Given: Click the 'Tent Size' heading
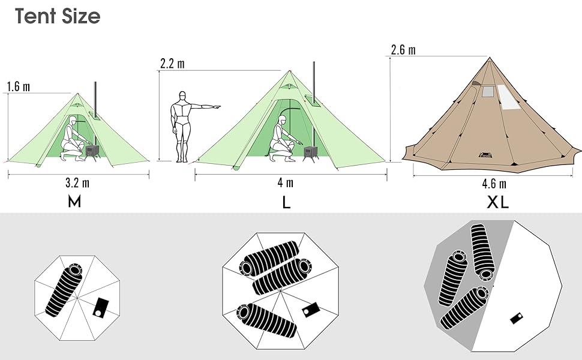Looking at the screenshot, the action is [58, 16].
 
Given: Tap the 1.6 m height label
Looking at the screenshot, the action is [19, 87].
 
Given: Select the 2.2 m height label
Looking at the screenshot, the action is [172, 64].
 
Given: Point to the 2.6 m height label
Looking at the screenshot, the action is [403, 50].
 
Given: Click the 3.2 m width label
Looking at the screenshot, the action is [77, 183].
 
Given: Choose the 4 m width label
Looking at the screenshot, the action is [286, 182].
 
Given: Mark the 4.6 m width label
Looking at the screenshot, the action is [494, 184].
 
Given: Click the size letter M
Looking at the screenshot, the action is [74, 202].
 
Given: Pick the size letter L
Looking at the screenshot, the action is [286, 202].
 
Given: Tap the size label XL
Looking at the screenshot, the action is [498, 202].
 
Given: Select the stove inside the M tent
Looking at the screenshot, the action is [92, 152].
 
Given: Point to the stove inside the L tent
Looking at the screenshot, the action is [310, 153].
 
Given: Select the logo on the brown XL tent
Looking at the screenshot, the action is [485, 155].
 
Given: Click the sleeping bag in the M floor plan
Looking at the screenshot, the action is [64, 290].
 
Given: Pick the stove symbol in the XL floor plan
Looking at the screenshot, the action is [517, 318].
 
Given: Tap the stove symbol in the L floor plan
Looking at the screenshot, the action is [311, 310].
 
